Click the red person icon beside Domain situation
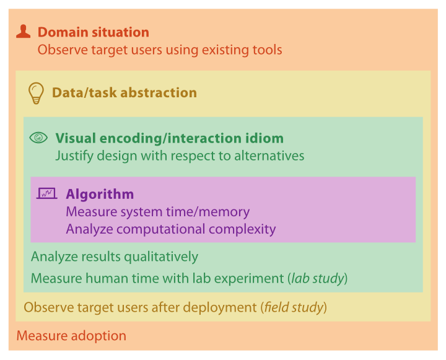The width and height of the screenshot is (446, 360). coord(24,32)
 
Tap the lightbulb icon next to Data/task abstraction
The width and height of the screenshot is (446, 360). coord(36,94)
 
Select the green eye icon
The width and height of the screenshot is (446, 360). coord(38,138)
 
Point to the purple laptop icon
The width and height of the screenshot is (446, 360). coord(46,193)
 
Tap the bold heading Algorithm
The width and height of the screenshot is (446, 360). coord(100,195)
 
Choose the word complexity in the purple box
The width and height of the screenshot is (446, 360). coord(242,229)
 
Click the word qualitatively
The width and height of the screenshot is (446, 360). coord(161,257)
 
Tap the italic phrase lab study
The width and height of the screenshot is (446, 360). coord(318,278)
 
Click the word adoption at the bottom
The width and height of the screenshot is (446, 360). coord(98,336)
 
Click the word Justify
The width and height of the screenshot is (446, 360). coord(74,156)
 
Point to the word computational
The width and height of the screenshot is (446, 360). coord(160,229)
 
